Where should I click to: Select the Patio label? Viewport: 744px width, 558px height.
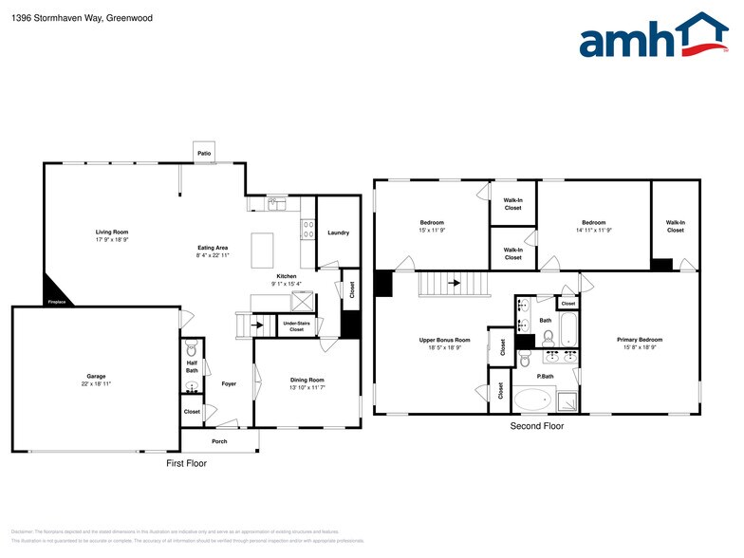(x=203, y=153)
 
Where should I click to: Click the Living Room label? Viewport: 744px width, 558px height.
(x=112, y=232)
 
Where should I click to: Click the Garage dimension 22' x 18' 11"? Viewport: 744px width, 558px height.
(x=96, y=384)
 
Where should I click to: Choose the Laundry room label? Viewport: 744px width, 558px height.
(x=338, y=232)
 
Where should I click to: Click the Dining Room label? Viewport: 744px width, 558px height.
(x=307, y=380)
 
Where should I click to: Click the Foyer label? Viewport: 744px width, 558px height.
(x=229, y=384)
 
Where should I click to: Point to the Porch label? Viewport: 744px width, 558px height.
(x=219, y=441)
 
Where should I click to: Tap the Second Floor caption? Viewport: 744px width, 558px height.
(x=536, y=426)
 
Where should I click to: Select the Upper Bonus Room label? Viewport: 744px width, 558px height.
(x=445, y=340)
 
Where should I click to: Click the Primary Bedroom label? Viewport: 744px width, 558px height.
(x=639, y=340)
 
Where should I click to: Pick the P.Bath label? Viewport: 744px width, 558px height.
(x=546, y=376)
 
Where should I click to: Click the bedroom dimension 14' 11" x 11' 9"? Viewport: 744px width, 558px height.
(x=593, y=230)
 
